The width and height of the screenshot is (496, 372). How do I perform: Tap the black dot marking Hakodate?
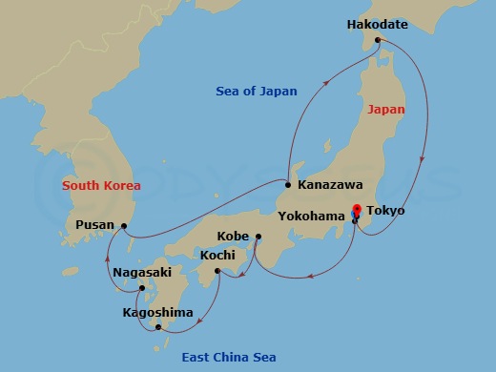tap(378, 40)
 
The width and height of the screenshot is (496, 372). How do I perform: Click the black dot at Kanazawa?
tap(288, 184)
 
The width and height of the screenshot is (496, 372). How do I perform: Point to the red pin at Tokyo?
tap(357, 211)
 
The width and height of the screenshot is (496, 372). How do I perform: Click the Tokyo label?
tap(385, 210)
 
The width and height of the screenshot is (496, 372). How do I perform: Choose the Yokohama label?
tap(310, 217)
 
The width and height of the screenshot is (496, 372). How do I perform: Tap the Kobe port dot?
tap(258, 237)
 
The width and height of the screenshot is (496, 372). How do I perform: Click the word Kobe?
tap(234, 236)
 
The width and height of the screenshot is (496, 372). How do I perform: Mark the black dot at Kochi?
tap(218, 272)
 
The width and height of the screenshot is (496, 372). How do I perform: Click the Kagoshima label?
tap(157, 312)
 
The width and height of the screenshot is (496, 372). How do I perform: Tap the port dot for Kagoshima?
tap(158, 327)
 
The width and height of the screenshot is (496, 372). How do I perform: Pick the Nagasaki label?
tap(141, 272)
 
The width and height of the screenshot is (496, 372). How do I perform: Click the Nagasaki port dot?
tap(141, 288)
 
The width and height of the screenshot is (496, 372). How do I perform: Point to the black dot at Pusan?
tap(124, 226)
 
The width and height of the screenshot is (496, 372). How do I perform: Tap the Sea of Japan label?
tap(256, 92)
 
